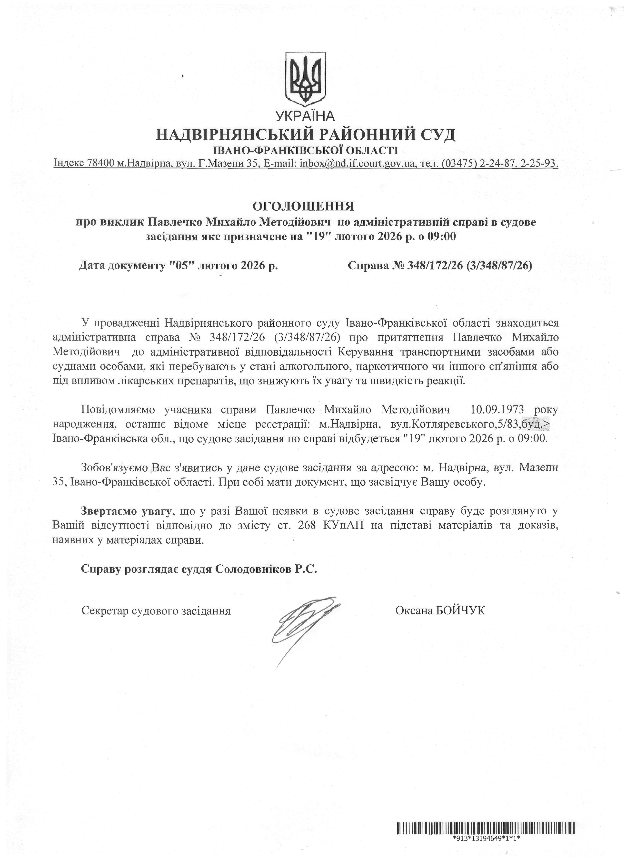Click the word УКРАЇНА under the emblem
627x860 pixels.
click(305, 115)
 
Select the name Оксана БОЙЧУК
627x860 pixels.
click(440, 611)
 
